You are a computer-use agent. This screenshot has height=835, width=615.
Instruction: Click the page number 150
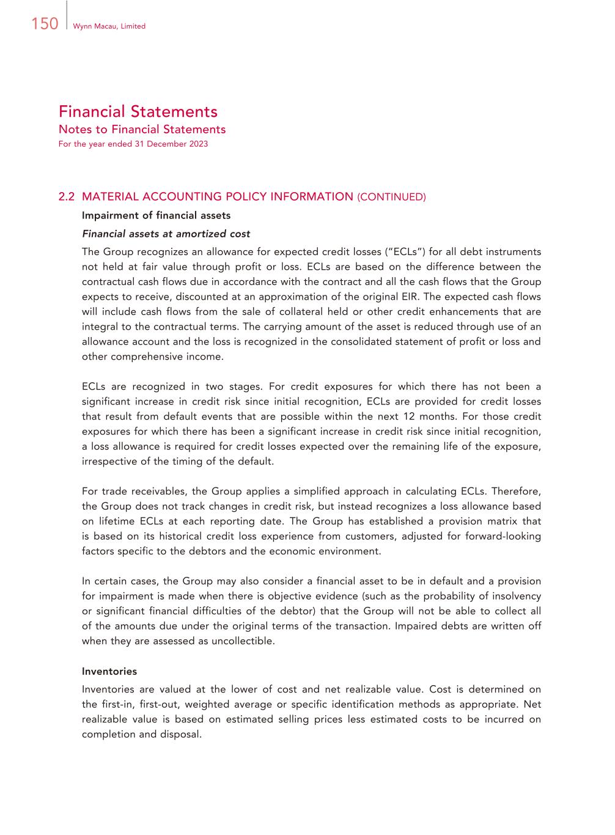[44, 24]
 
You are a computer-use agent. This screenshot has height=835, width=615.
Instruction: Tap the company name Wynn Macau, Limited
[109, 26]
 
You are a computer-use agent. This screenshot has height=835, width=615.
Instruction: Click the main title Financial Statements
[138, 111]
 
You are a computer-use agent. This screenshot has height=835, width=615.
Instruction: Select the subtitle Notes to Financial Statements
[142, 129]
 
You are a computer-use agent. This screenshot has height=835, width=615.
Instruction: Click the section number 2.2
[67, 196]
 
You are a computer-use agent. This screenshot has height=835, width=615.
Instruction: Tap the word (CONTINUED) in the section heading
[391, 197]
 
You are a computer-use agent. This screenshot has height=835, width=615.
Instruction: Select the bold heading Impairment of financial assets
[156, 215]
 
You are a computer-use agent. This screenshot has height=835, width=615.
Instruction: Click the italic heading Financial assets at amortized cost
[166, 234]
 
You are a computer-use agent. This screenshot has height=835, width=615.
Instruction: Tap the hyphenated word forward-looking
[503, 536]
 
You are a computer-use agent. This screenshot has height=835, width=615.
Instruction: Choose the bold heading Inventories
[109, 671]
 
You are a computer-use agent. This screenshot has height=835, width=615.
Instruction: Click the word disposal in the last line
[180, 734]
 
